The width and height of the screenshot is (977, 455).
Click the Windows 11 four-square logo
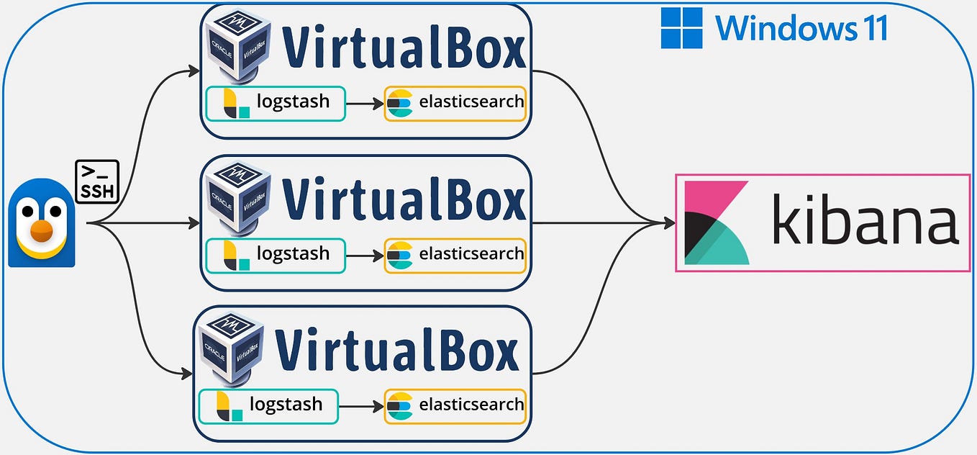(681, 28)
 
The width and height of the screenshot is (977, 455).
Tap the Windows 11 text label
(801, 29)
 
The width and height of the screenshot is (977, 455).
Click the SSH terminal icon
(97, 181)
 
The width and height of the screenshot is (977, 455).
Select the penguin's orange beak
(42, 231)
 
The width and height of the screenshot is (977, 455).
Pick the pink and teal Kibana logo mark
(717, 222)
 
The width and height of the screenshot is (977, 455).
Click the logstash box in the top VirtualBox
(275, 103)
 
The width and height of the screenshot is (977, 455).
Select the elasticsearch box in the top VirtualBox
(455, 103)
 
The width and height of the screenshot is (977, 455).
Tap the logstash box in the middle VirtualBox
(275, 256)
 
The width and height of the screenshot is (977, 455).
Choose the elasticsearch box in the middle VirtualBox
(455, 256)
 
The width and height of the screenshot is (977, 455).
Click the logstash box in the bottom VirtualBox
(268, 406)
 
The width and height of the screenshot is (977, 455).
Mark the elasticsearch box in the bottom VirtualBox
(455, 406)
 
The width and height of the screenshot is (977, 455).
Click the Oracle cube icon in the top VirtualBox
(237, 43)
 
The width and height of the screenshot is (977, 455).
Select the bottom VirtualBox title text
(396, 351)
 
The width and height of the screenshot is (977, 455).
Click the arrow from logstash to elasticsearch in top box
(365, 104)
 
